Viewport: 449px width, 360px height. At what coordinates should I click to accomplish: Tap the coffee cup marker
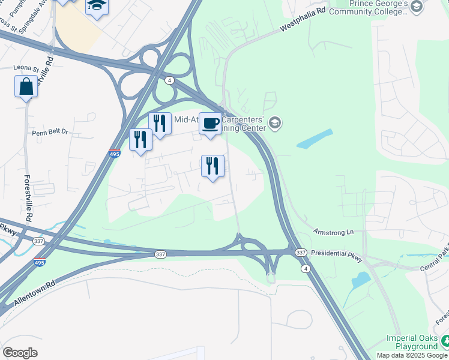tap(210, 124)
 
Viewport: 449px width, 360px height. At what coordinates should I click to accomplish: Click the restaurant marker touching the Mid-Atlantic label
tap(160, 124)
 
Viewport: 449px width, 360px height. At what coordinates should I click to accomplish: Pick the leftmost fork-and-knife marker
tap(140, 140)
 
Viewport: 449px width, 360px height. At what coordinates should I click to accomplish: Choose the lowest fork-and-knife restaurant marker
tap(212, 166)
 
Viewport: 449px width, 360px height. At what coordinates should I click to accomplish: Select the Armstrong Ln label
tap(333, 231)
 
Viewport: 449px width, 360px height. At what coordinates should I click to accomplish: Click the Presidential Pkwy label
tap(337, 256)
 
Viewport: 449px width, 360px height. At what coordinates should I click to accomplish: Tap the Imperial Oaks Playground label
tap(412, 342)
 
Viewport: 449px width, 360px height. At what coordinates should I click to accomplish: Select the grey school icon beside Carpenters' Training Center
tap(275, 124)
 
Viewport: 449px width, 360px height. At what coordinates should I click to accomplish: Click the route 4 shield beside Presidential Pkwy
tap(307, 269)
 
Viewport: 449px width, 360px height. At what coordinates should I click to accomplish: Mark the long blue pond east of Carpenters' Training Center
tap(314, 139)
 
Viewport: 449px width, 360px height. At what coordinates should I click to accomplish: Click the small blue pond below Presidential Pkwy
tap(360, 280)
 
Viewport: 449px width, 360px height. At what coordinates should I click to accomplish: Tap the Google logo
tap(20, 353)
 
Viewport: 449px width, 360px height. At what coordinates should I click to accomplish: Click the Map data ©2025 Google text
tap(412, 355)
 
